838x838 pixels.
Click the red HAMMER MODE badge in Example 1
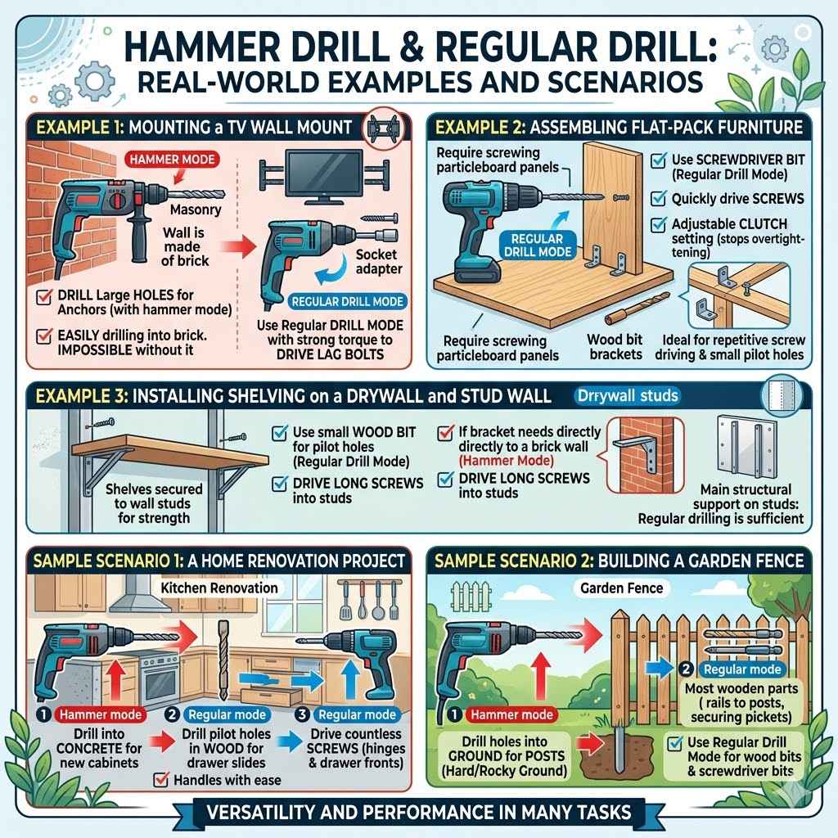tap(172, 160)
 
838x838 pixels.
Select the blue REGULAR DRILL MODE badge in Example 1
tap(347, 301)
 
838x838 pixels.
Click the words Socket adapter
tap(378, 261)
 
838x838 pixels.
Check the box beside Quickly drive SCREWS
tap(659, 198)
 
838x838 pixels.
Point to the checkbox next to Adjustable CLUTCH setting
tap(659, 224)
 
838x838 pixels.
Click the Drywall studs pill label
tap(628, 395)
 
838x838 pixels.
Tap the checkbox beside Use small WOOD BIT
tap(280, 432)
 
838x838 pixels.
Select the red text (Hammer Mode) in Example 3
tap(506, 461)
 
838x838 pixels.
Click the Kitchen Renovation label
tap(219, 588)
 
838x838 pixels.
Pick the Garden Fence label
tap(622, 588)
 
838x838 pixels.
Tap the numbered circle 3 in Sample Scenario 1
tap(303, 714)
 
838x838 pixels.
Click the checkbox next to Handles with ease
tap(161, 780)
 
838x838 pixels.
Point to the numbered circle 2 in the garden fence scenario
tap(686, 669)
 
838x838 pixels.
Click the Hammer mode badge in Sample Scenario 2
tap(511, 714)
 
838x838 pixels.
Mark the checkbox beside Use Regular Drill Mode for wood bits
tap(675, 743)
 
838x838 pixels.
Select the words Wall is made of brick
tap(184, 247)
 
